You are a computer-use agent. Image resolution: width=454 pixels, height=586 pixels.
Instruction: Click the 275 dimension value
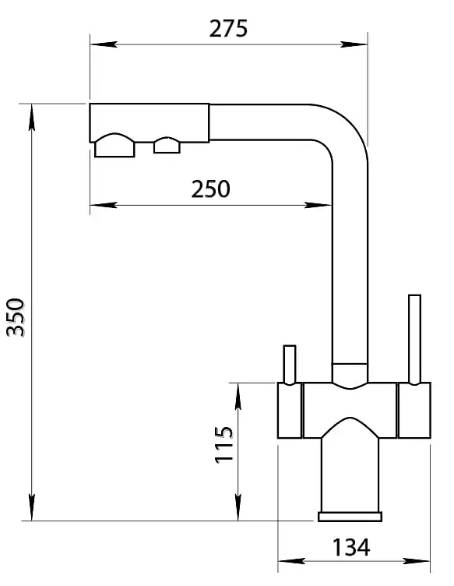[x=228, y=29]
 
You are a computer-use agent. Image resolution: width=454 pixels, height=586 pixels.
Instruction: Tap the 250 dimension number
[x=210, y=189]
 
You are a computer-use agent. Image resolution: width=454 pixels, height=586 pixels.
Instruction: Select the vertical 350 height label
[x=16, y=317]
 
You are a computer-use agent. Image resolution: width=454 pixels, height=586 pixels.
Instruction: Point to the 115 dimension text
[x=223, y=444]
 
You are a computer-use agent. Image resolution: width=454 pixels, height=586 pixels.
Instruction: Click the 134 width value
[x=350, y=548]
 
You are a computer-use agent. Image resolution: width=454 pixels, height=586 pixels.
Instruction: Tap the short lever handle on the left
[x=290, y=365]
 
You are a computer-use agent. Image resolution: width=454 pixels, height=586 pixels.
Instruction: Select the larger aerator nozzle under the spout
[x=114, y=146]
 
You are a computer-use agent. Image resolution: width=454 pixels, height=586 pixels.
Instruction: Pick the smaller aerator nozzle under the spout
[x=167, y=146]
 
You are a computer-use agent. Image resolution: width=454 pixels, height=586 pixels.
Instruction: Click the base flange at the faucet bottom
[x=350, y=517]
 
